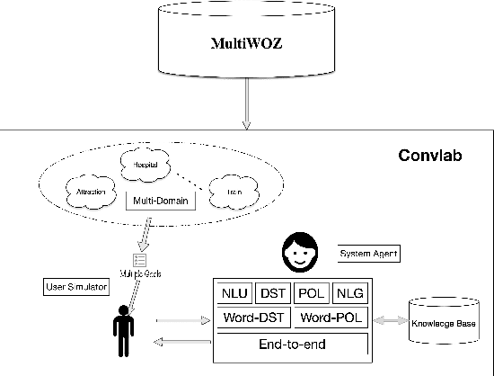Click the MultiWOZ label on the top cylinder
(245, 43)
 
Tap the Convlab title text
(432, 156)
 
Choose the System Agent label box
(368, 255)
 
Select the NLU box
(234, 293)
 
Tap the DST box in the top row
(272, 293)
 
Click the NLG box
(348, 293)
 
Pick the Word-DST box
(254, 318)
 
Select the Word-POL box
(330, 318)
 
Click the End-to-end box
(292, 343)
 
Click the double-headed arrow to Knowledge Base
(391, 318)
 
